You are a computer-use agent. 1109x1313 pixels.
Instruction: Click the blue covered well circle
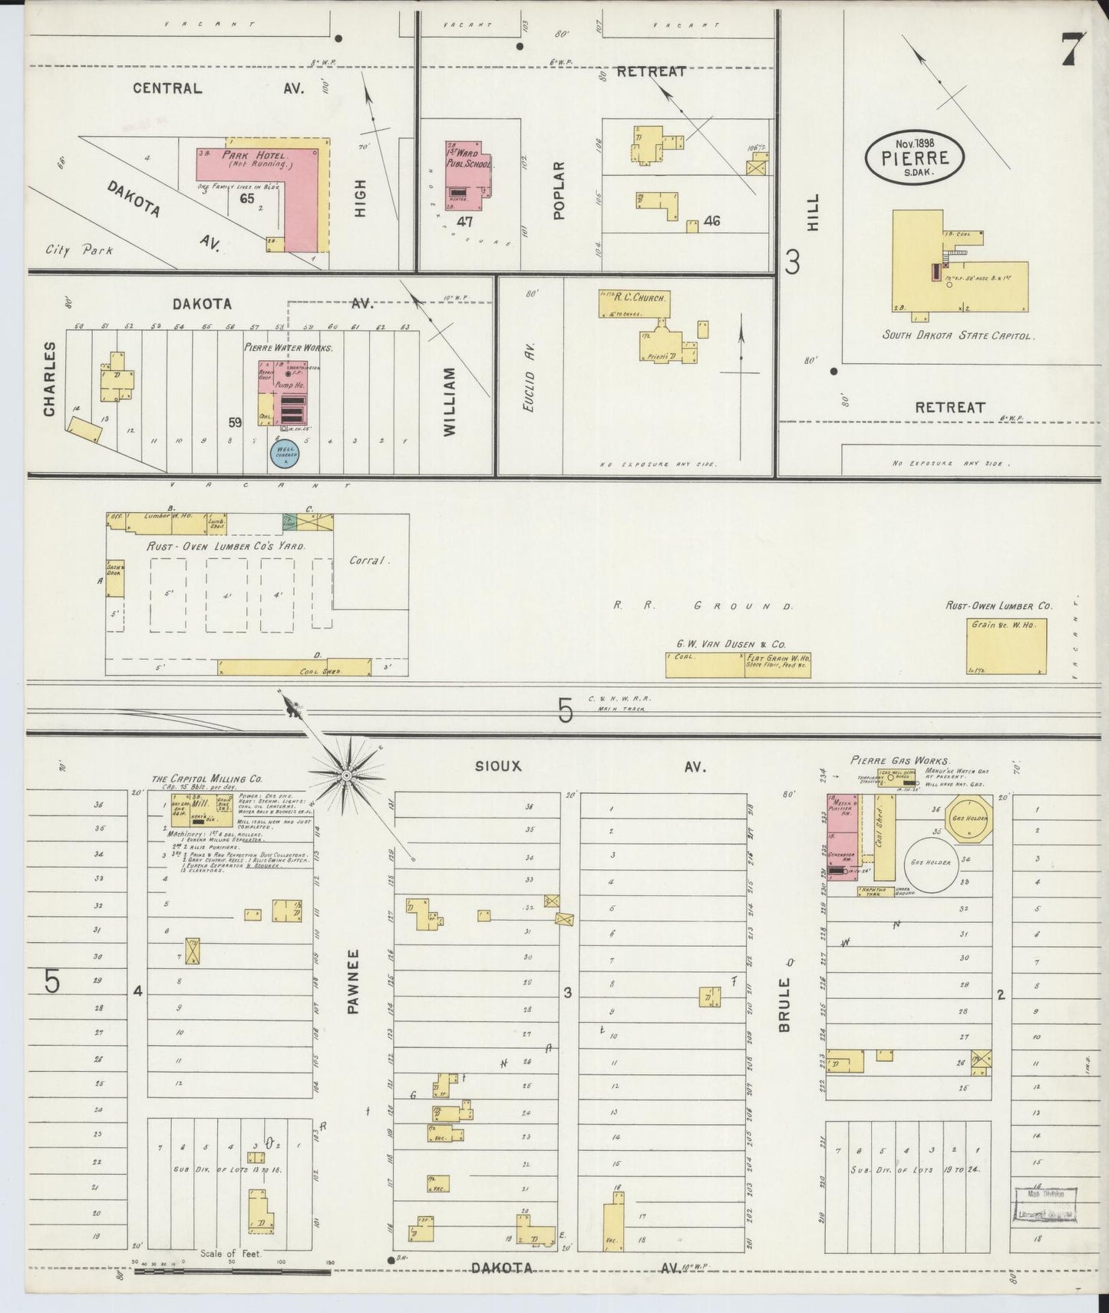[x=284, y=454]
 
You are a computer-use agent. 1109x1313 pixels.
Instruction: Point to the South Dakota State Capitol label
[x=958, y=336]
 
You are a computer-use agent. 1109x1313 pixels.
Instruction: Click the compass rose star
[x=347, y=776]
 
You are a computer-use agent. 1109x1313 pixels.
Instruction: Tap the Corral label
[x=367, y=560]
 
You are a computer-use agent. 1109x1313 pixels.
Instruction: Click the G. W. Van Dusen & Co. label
[x=731, y=644]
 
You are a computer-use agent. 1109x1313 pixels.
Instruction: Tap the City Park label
[x=79, y=250]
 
